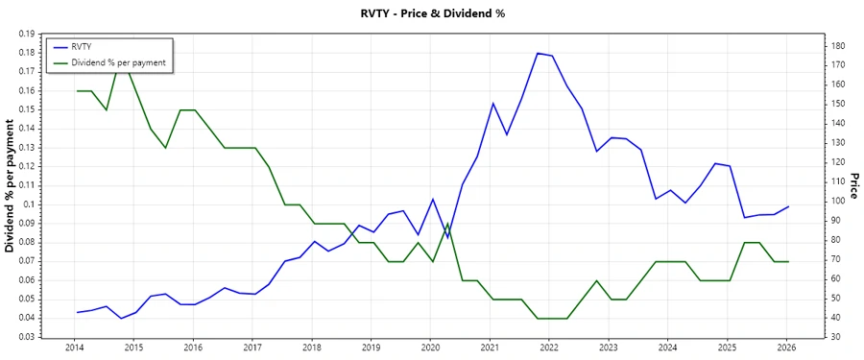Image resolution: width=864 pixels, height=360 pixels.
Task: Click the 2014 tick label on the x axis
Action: [74, 348]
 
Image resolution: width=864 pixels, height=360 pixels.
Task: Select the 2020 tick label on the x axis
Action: [430, 348]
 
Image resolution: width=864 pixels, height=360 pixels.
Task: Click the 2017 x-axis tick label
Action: [252, 348]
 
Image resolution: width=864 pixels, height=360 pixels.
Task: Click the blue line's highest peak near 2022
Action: [538, 53]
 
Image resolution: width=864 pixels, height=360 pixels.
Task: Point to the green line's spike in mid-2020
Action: [447, 224]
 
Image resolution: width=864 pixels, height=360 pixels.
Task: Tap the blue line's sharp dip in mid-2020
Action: [447, 238]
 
